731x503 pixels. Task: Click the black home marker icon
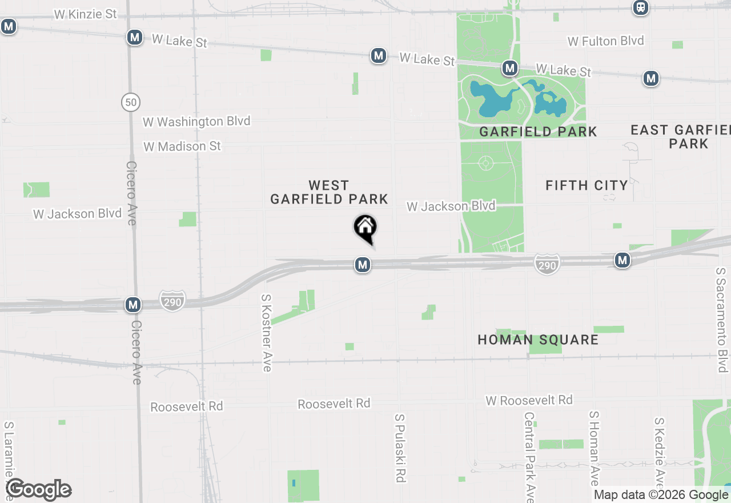click(x=365, y=228)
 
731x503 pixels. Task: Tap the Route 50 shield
click(x=131, y=102)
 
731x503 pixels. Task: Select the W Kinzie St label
click(x=86, y=14)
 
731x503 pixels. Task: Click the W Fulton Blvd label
click(x=605, y=41)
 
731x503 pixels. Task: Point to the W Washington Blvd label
click(x=196, y=122)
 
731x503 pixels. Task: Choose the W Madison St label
click(x=182, y=146)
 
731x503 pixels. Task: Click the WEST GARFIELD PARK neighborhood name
click(x=329, y=192)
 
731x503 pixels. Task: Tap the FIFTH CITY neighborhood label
click(x=587, y=185)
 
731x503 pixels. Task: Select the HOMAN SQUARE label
click(x=538, y=340)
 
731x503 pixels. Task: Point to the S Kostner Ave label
click(x=266, y=333)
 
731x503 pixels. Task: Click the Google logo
click(x=38, y=489)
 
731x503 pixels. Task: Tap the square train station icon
click(x=641, y=7)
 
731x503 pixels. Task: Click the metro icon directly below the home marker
click(x=362, y=265)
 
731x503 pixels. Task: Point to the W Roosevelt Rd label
click(x=529, y=400)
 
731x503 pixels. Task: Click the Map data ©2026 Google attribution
click(x=661, y=495)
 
